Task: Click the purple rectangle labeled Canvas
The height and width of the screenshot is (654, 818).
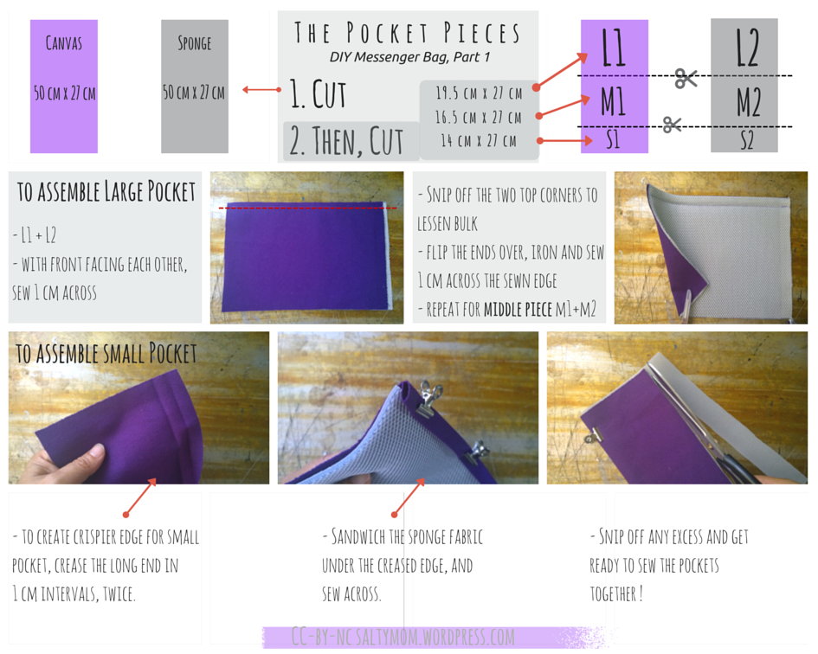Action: (x=64, y=87)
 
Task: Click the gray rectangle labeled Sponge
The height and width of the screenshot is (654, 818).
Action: (x=195, y=87)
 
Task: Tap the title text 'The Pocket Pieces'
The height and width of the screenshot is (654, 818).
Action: (x=408, y=33)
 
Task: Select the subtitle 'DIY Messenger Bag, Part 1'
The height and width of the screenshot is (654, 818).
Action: (x=409, y=57)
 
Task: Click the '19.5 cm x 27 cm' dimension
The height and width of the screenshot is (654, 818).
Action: (x=479, y=93)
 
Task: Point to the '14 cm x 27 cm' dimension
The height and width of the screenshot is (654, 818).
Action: (x=479, y=141)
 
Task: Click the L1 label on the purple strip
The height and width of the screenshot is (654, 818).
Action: (x=614, y=48)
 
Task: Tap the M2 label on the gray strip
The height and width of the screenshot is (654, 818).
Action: (x=749, y=102)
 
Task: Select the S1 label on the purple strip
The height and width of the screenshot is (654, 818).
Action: (x=614, y=140)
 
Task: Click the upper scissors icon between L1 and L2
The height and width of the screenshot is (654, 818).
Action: (x=686, y=78)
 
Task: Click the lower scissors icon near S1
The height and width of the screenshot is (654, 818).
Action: (x=672, y=125)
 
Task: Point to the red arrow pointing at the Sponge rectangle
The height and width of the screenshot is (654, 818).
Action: (x=262, y=90)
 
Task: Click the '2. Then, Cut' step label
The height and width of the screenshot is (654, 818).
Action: (x=346, y=141)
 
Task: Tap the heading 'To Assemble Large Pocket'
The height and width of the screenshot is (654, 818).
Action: (x=106, y=191)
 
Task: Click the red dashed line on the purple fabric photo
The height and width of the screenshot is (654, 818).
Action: (x=308, y=208)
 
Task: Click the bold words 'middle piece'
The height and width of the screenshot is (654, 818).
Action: (x=518, y=310)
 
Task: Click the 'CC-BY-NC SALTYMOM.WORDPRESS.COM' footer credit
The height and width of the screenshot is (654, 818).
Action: (x=403, y=638)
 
